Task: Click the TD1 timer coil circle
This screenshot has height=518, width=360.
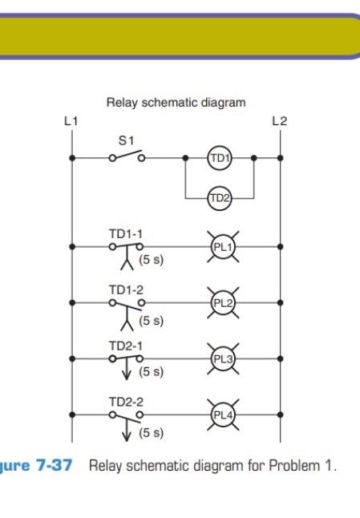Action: coord(220,158)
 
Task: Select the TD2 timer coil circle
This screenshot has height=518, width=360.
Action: coord(220,198)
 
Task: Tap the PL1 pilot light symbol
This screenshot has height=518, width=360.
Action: coord(223,247)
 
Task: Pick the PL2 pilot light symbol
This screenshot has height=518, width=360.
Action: coord(223,302)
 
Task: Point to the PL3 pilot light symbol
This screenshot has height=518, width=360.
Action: coord(223,358)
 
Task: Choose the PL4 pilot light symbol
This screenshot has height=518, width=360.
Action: coord(223,415)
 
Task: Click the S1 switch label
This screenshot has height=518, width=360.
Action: coord(126,141)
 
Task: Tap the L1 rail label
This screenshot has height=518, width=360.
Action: coord(71,121)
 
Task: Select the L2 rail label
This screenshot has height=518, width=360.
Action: coord(279,121)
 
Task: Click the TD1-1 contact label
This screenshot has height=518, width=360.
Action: coord(126,234)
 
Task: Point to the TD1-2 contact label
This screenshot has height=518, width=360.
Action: coord(126,290)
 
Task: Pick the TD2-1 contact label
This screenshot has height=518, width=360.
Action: coord(126,346)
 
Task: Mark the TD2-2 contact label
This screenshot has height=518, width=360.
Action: coord(126,402)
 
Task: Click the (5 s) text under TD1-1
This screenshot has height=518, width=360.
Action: coord(152,260)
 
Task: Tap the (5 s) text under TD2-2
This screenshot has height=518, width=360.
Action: coord(152,433)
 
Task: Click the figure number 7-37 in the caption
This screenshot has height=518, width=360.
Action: coord(55,465)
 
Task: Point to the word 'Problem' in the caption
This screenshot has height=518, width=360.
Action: coord(294,465)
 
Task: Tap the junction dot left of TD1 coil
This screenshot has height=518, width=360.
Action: coord(186,158)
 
